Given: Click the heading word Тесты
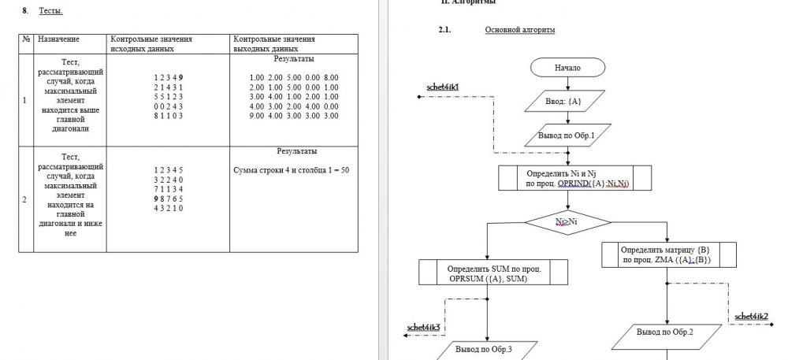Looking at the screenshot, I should (x=50, y=11).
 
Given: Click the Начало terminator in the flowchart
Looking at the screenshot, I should (x=567, y=68).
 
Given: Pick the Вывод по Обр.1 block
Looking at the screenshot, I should (x=567, y=135).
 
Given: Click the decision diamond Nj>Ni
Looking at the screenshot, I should (x=567, y=222).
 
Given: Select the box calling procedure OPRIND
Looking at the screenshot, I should (x=577, y=178).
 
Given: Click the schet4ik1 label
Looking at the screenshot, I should (x=443, y=86).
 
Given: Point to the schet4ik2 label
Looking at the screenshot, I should (x=751, y=316).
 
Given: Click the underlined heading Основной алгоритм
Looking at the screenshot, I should (x=519, y=30).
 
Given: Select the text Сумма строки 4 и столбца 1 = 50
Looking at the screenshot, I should (x=291, y=169).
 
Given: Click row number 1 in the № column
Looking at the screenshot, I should (x=25, y=100).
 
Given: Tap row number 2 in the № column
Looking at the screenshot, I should (x=25, y=199).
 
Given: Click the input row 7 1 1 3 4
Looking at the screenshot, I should (x=168, y=188).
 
